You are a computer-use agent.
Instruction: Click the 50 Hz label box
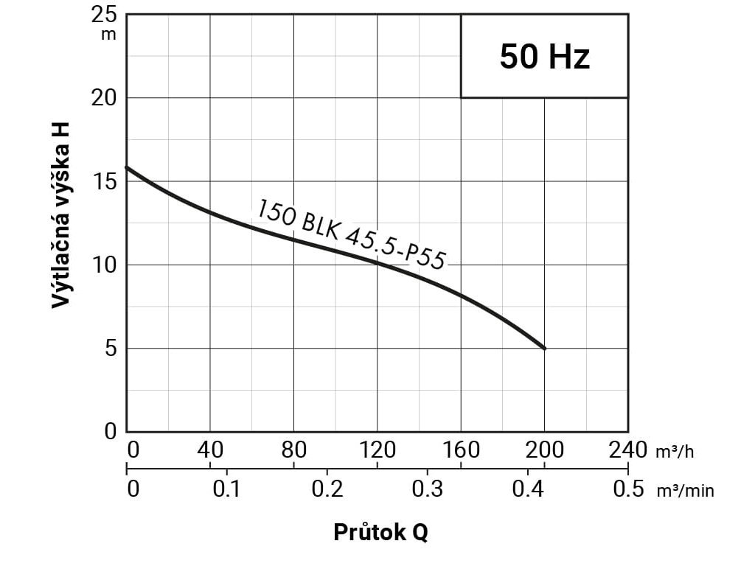point(544,56)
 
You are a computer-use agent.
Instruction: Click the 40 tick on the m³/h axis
point(210,449)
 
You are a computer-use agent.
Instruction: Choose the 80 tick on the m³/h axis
point(293,449)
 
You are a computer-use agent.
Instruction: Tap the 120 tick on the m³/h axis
point(377,449)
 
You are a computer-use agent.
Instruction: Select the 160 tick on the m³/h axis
point(461,449)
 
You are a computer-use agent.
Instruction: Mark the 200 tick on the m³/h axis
point(544,449)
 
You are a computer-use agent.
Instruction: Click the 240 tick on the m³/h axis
point(628,449)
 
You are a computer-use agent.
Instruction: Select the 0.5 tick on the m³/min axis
point(628,489)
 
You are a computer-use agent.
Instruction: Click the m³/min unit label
point(686,491)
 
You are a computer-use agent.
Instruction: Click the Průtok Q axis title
point(380,532)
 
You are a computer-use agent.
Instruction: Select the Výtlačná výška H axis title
point(63,214)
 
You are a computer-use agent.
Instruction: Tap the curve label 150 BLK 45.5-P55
point(352,234)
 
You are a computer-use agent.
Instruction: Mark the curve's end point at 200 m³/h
point(544,348)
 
